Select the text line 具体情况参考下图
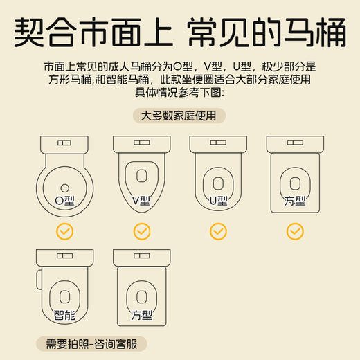[179, 93]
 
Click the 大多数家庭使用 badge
[179, 116]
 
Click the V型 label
[141, 200]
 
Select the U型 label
[218, 200]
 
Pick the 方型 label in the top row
[295, 200]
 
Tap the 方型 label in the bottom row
[141, 316]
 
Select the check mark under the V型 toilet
[141, 231]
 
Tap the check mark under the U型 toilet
[218, 231]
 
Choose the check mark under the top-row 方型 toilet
[295, 231]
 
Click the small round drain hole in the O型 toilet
[64, 186]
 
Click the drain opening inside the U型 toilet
[218, 183]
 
